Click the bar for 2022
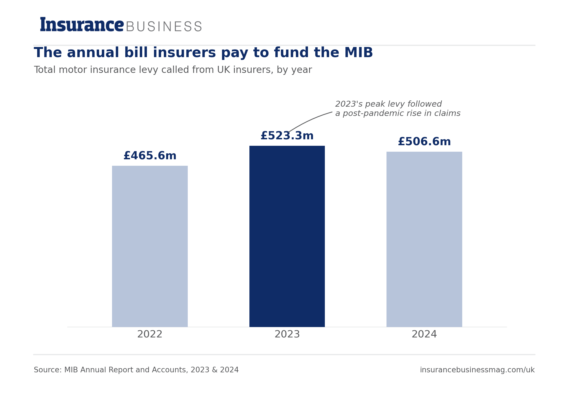150,246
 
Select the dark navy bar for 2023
287,236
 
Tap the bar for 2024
424,239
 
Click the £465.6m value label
150,156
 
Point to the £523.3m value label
287,136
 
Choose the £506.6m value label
424,142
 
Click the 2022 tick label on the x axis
150,334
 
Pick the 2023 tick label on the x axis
287,334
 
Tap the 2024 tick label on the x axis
424,334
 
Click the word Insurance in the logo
82,24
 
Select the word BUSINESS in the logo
164,27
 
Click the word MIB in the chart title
358,53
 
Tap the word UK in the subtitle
223,70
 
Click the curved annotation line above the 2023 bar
308,120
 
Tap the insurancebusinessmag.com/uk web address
477,370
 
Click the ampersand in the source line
215,370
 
